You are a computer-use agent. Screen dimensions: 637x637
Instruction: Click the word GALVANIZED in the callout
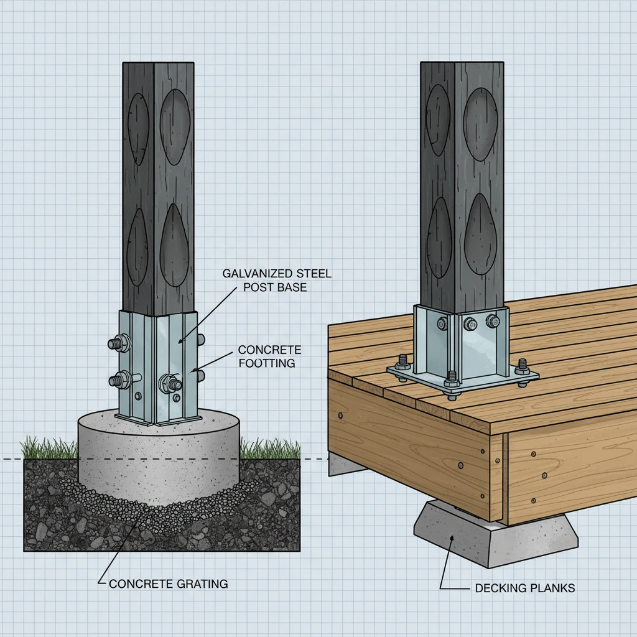click(246, 274)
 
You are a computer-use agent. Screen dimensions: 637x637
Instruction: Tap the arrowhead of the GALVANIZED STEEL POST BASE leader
click(179, 342)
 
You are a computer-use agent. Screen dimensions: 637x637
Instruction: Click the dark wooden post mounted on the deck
click(462, 180)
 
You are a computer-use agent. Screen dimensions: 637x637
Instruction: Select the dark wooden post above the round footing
click(158, 187)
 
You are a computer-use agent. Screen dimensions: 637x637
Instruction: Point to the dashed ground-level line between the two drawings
click(314, 460)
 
